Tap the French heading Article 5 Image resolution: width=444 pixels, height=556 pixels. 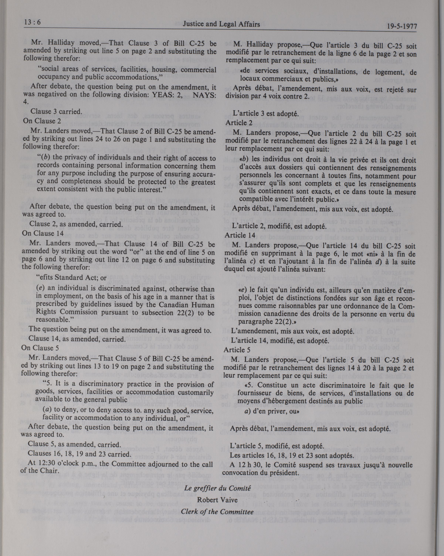pyautogui.click(x=237, y=350)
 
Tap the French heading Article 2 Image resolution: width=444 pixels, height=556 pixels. pyautogui.click(x=239, y=123)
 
